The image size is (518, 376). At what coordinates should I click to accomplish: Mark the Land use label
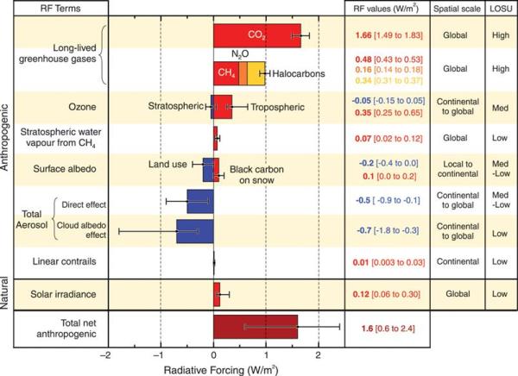169,161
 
